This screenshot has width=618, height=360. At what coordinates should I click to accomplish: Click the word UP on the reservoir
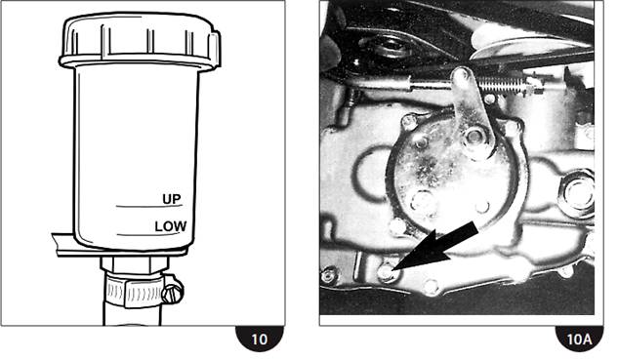click(172, 199)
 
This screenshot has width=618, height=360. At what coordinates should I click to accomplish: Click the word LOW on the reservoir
click(171, 226)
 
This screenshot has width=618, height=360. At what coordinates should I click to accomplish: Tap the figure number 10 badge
click(260, 339)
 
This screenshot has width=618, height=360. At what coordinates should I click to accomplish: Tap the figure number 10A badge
click(579, 339)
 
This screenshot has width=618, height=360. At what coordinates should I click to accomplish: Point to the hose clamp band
click(134, 293)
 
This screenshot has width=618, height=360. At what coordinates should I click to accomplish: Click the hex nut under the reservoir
click(134, 263)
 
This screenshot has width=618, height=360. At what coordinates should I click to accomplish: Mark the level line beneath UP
click(149, 206)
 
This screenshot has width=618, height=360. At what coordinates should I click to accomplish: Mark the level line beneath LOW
click(148, 235)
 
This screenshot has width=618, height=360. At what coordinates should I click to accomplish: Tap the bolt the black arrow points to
click(386, 272)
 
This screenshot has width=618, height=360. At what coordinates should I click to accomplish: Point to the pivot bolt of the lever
click(474, 137)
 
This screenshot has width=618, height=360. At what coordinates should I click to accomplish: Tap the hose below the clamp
click(133, 315)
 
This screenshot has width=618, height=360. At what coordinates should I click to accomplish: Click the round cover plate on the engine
click(453, 174)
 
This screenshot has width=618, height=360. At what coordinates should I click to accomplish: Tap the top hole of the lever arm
click(462, 74)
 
